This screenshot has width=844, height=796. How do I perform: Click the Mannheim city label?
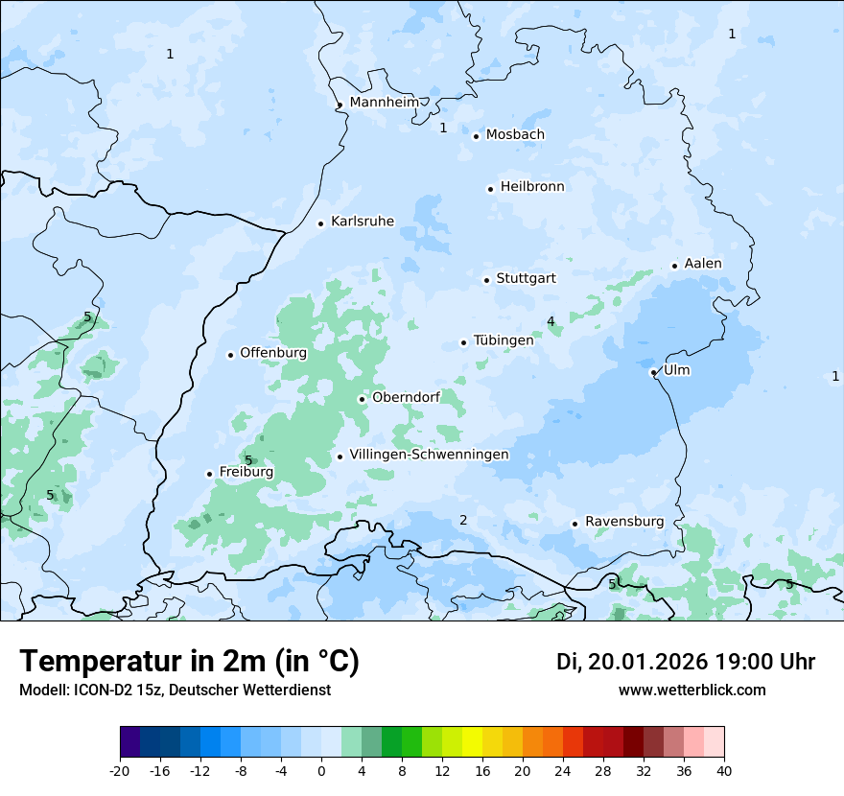[x=385, y=102]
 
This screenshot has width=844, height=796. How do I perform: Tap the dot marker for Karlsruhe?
[x=321, y=223]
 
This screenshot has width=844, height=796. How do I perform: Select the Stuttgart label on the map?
[x=526, y=278]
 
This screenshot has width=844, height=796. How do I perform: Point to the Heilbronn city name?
[x=532, y=186]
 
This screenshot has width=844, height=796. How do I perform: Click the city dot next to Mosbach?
[x=476, y=136]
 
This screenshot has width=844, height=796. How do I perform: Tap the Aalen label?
[x=703, y=263]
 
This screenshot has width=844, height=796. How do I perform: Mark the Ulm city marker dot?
[x=653, y=372]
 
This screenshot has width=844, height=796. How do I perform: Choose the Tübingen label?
[x=504, y=339]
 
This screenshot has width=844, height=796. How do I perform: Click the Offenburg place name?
[x=273, y=352]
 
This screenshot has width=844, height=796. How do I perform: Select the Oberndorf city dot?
[x=362, y=399]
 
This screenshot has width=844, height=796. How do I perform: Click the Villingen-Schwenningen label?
[x=429, y=454]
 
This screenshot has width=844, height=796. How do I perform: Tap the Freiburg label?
[x=246, y=472]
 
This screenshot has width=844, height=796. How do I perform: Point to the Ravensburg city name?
[x=624, y=521]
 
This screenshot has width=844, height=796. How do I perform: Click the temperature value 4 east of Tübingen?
[x=551, y=321]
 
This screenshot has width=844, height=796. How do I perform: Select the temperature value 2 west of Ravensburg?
[x=463, y=520]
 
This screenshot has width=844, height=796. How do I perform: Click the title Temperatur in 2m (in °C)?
[x=189, y=661]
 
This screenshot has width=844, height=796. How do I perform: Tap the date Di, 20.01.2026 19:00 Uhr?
[x=686, y=662]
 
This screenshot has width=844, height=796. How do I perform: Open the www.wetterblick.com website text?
[x=692, y=690]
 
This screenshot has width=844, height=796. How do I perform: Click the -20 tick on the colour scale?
[x=120, y=770]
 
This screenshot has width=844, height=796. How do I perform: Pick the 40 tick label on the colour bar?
[x=724, y=770]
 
